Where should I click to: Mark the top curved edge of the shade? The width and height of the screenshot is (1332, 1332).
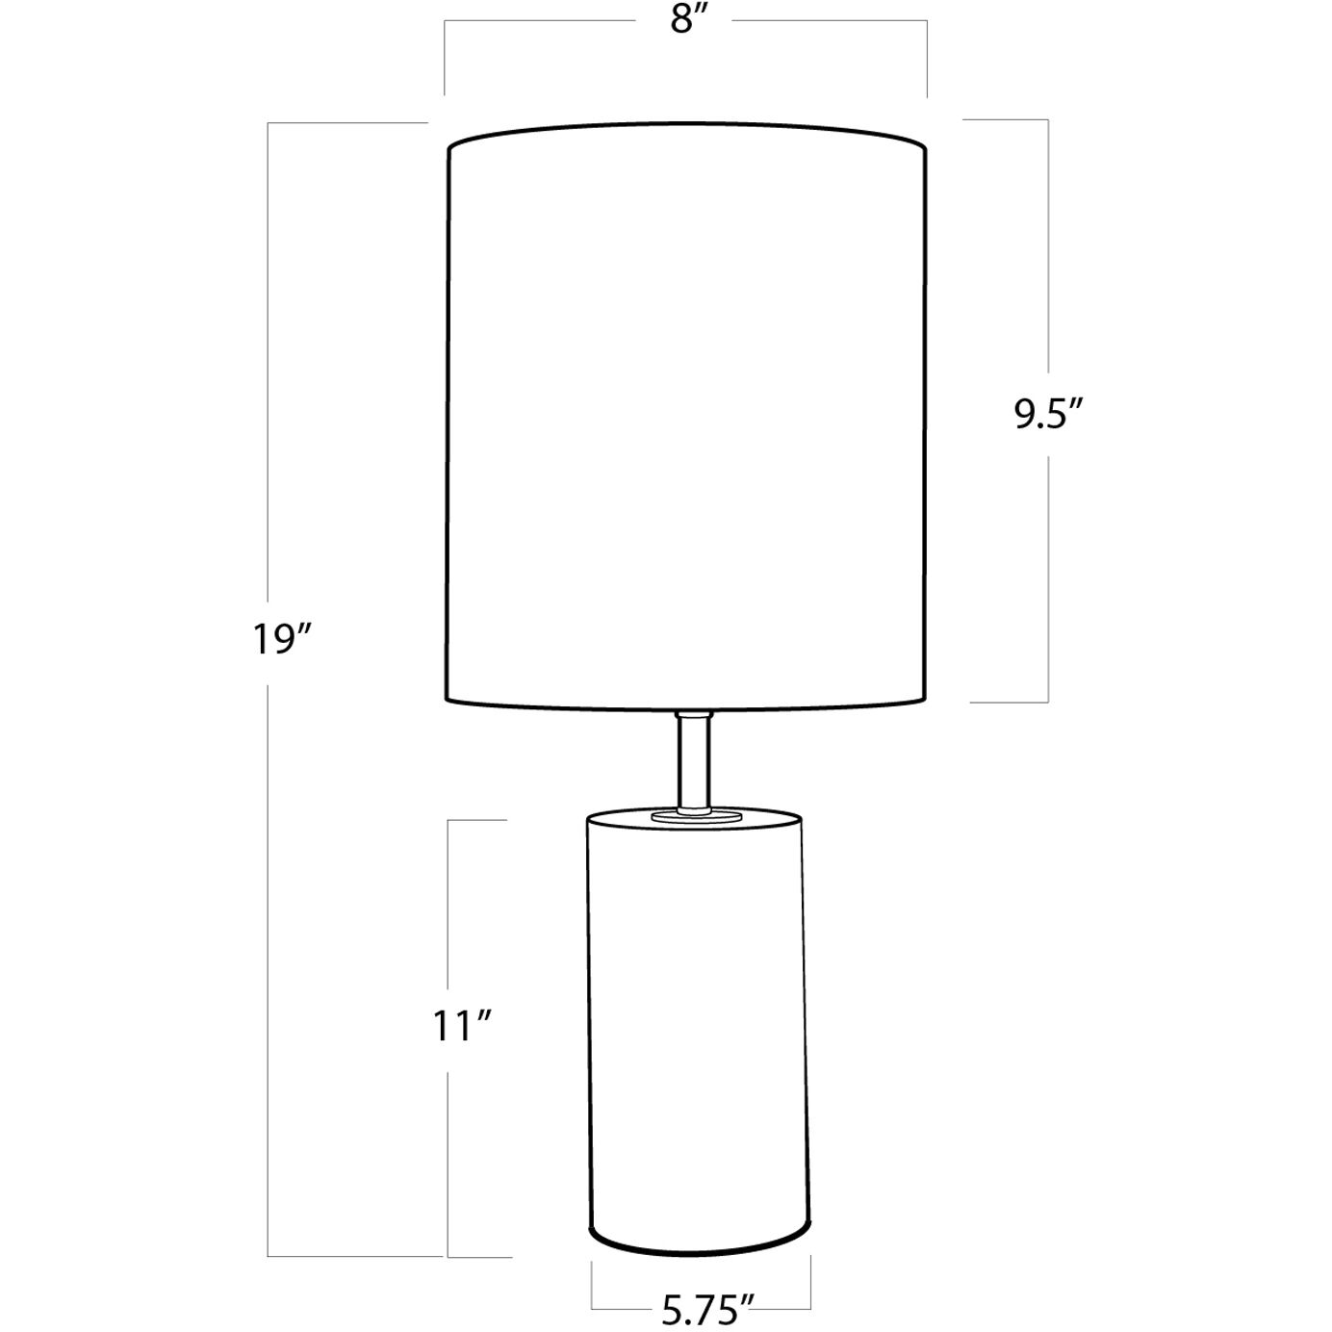point(687,126)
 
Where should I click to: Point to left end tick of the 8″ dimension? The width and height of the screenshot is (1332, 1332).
point(444,58)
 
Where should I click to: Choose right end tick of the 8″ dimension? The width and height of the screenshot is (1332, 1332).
point(927,58)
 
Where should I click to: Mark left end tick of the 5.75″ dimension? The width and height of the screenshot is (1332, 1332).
point(591,1285)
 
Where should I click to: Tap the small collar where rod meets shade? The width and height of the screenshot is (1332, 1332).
point(693,715)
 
